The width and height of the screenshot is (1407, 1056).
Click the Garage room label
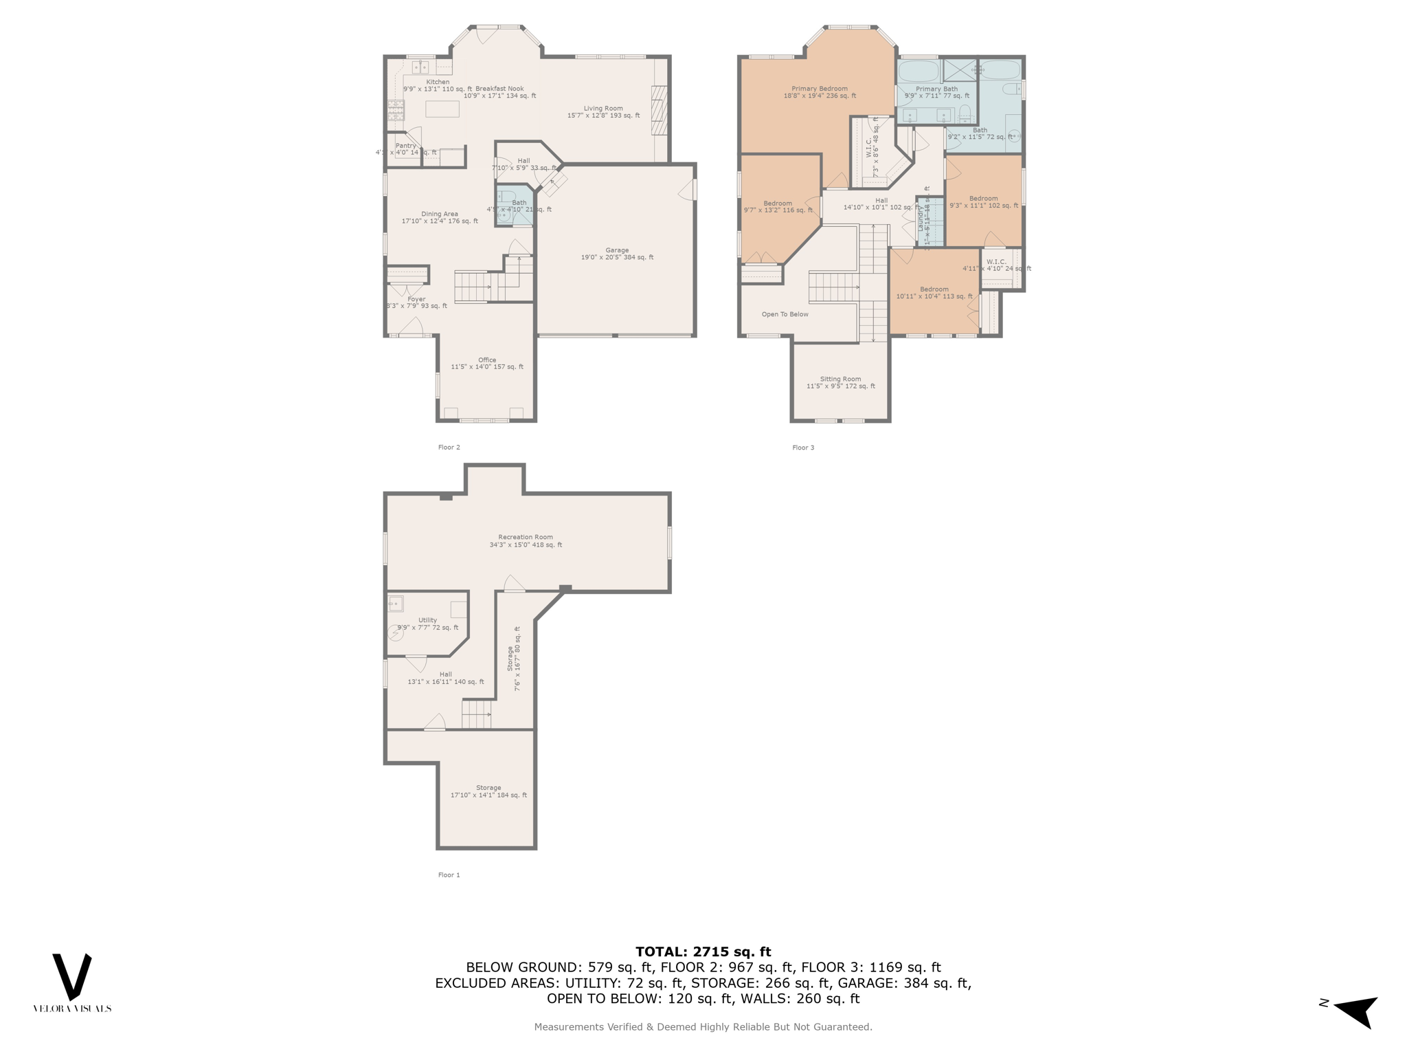(617, 250)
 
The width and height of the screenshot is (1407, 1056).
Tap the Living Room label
(603, 109)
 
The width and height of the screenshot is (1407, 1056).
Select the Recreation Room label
(526, 538)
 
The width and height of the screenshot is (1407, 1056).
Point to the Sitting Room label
(840, 379)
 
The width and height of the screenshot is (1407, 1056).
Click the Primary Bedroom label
(820, 89)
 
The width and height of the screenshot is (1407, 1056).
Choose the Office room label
(487, 360)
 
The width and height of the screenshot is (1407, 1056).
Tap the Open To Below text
(785, 314)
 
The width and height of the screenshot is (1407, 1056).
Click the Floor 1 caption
(449, 875)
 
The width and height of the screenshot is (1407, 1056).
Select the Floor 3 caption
(803, 448)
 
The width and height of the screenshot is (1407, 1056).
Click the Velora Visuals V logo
(72, 976)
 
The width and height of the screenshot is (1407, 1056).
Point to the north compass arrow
(1356, 1011)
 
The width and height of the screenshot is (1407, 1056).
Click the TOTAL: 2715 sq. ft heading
(703, 952)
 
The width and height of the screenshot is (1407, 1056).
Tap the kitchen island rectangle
(442, 109)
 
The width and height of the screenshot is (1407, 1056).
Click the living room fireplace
(660, 110)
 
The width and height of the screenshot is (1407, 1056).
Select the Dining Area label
(440, 214)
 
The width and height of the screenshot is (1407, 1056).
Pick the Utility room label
(427, 620)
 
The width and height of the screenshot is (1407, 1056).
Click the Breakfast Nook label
(499, 89)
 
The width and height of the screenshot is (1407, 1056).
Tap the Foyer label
(416, 299)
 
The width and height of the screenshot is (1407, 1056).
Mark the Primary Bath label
(936, 89)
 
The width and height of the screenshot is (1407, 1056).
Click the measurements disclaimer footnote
(703, 1027)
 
